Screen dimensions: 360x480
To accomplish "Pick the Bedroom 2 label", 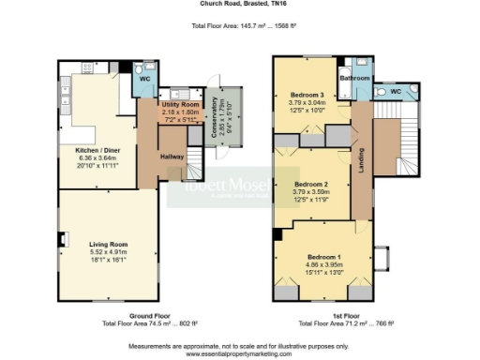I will pyautogui.click(x=311, y=184).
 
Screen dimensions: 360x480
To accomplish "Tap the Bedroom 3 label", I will pyautogui.click(x=307, y=96).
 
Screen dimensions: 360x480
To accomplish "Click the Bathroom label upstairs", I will pyautogui.click(x=355, y=79).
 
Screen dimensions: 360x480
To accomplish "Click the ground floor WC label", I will pyautogui.click(x=145, y=80).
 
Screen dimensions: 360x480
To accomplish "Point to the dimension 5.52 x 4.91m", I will pyautogui.click(x=108, y=250).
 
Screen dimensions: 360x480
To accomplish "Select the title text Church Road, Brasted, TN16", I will pyautogui.click(x=239, y=5).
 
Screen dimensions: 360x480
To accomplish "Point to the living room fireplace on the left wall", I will pyautogui.click(x=63, y=239).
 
